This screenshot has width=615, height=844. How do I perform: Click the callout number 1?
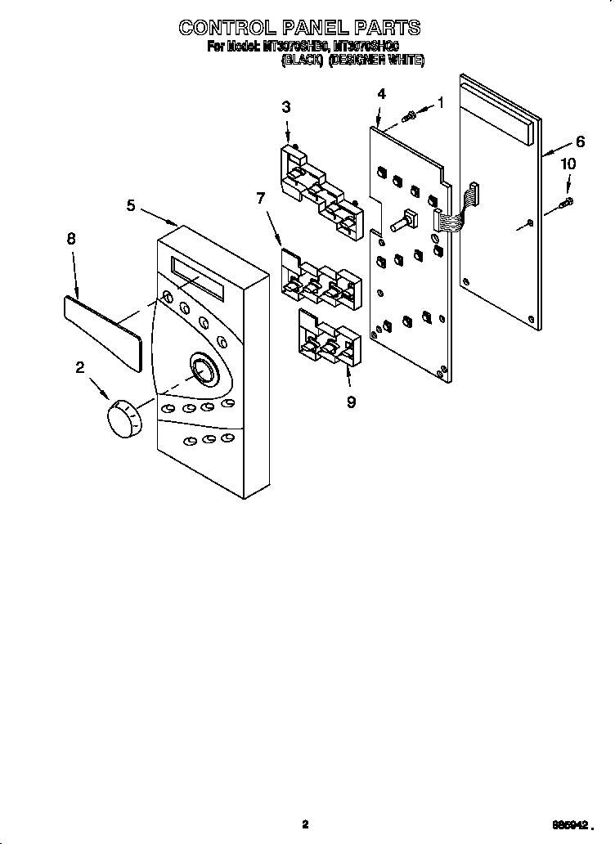(441, 103)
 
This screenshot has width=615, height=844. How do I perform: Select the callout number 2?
(79, 368)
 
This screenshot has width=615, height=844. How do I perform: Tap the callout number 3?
(285, 106)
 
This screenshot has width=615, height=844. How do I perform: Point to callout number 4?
(381, 94)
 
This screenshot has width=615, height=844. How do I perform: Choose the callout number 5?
(131, 205)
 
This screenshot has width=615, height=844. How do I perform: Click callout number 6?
(580, 141)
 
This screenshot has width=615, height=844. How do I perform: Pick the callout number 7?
(260, 198)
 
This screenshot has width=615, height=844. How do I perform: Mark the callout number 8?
(71, 239)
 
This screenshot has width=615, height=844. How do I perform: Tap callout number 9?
(351, 402)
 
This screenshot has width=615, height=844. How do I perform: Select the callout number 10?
(568, 164)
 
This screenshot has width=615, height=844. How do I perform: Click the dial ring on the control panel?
(202, 370)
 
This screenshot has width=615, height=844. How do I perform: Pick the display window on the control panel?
(199, 277)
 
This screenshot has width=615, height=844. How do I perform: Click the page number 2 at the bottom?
(305, 825)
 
